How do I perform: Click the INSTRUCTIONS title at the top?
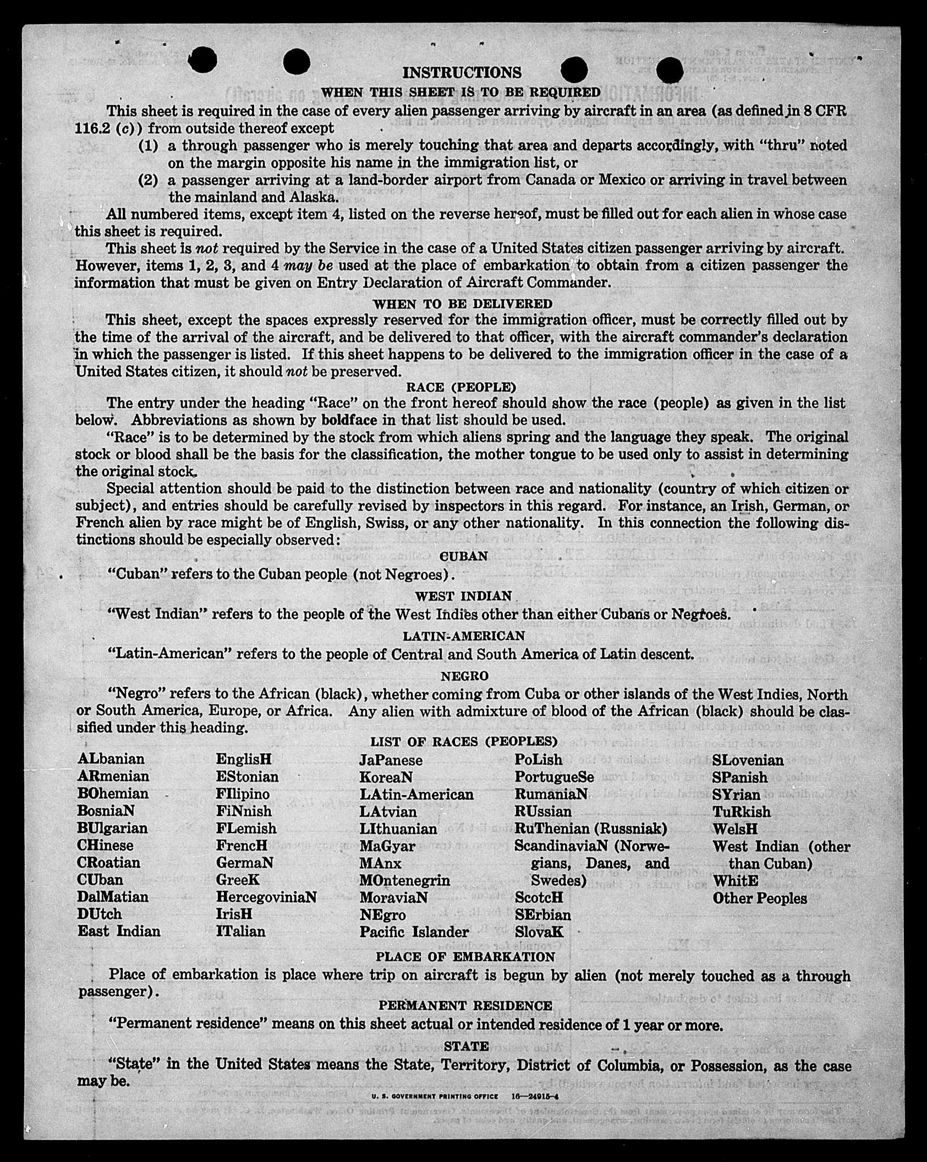click(462, 73)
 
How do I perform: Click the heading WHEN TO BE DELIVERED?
click(463, 304)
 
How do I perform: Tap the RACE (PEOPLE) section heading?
click(461, 387)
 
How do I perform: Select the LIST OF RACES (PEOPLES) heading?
click(464, 742)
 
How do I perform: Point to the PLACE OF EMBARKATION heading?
click(465, 957)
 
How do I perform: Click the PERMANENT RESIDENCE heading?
click(465, 1005)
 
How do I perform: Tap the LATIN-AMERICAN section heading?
click(464, 636)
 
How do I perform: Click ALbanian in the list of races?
click(111, 759)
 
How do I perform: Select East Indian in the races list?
click(119, 931)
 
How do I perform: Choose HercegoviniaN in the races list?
click(266, 897)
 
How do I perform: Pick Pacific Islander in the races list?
click(414, 932)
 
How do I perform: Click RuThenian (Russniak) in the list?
click(590, 828)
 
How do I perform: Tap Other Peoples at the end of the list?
click(760, 898)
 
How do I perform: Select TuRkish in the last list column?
click(742, 812)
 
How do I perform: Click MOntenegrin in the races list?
click(404, 880)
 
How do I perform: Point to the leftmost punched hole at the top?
click(202, 60)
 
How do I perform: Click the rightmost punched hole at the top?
click(669, 71)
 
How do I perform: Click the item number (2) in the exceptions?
click(147, 180)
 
